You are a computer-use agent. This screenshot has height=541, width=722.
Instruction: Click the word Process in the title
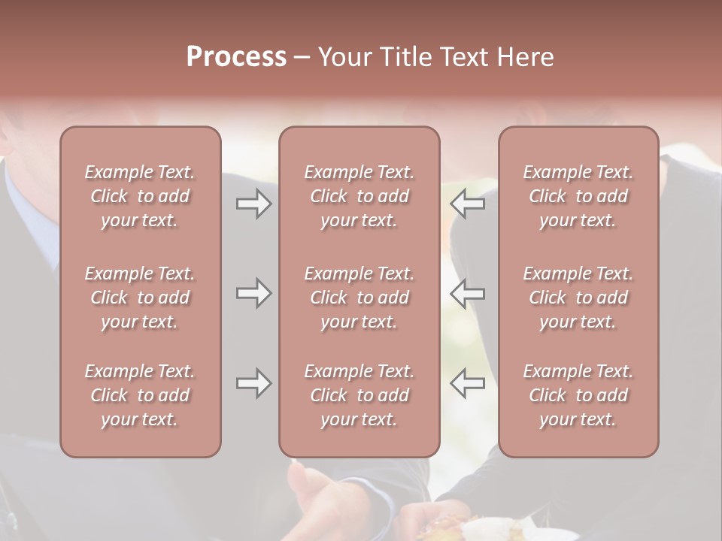tap(236, 57)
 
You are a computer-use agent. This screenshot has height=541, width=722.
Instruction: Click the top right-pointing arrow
tap(253, 204)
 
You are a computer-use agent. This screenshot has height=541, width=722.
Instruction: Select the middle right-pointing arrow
tap(253, 292)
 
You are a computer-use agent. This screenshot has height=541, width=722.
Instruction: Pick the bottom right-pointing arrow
tap(253, 383)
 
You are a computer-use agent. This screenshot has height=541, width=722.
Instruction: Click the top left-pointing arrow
tap(468, 204)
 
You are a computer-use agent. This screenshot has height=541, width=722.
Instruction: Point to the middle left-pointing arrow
tap(468, 292)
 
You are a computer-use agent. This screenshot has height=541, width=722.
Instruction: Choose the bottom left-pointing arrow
tap(468, 383)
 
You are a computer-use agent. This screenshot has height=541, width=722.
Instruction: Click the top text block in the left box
tap(140, 196)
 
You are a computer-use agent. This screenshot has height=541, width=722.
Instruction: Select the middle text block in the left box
tap(140, 298)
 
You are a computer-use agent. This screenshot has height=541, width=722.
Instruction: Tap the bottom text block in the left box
tap(140, 395)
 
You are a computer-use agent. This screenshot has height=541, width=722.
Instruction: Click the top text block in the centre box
tap(359, 196)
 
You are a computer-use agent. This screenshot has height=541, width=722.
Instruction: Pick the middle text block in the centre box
tap(359, 298)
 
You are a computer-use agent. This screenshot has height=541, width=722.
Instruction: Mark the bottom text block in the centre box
tap(359, 395)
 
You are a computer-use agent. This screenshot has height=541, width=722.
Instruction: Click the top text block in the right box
tap(578, 196)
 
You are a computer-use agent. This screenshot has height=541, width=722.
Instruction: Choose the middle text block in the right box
tap(578, 298)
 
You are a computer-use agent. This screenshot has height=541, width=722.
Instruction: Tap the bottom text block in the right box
tap(578, 395)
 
